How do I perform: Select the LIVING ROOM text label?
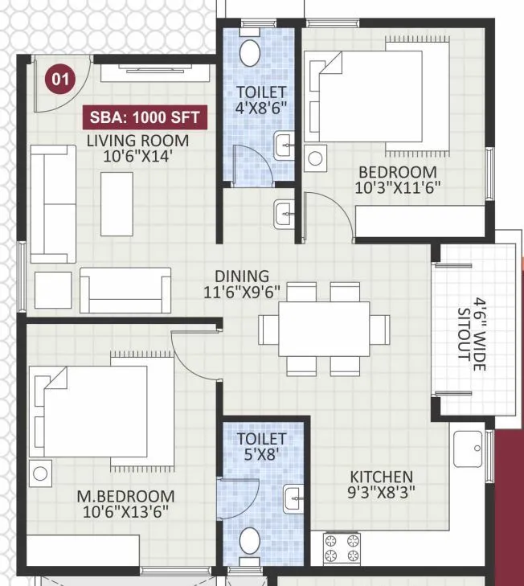pos(138,141)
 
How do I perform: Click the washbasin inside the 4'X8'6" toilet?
pos(285,146)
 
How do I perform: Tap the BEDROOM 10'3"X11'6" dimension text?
pos(398,188)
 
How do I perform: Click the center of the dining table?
pos(324,328)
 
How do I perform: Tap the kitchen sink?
pos(468,449)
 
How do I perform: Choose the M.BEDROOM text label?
pos(125,496)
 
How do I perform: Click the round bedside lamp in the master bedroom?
pos(39,473)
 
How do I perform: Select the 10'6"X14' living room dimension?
pos(138,157)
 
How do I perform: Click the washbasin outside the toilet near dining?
pos(285,213)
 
